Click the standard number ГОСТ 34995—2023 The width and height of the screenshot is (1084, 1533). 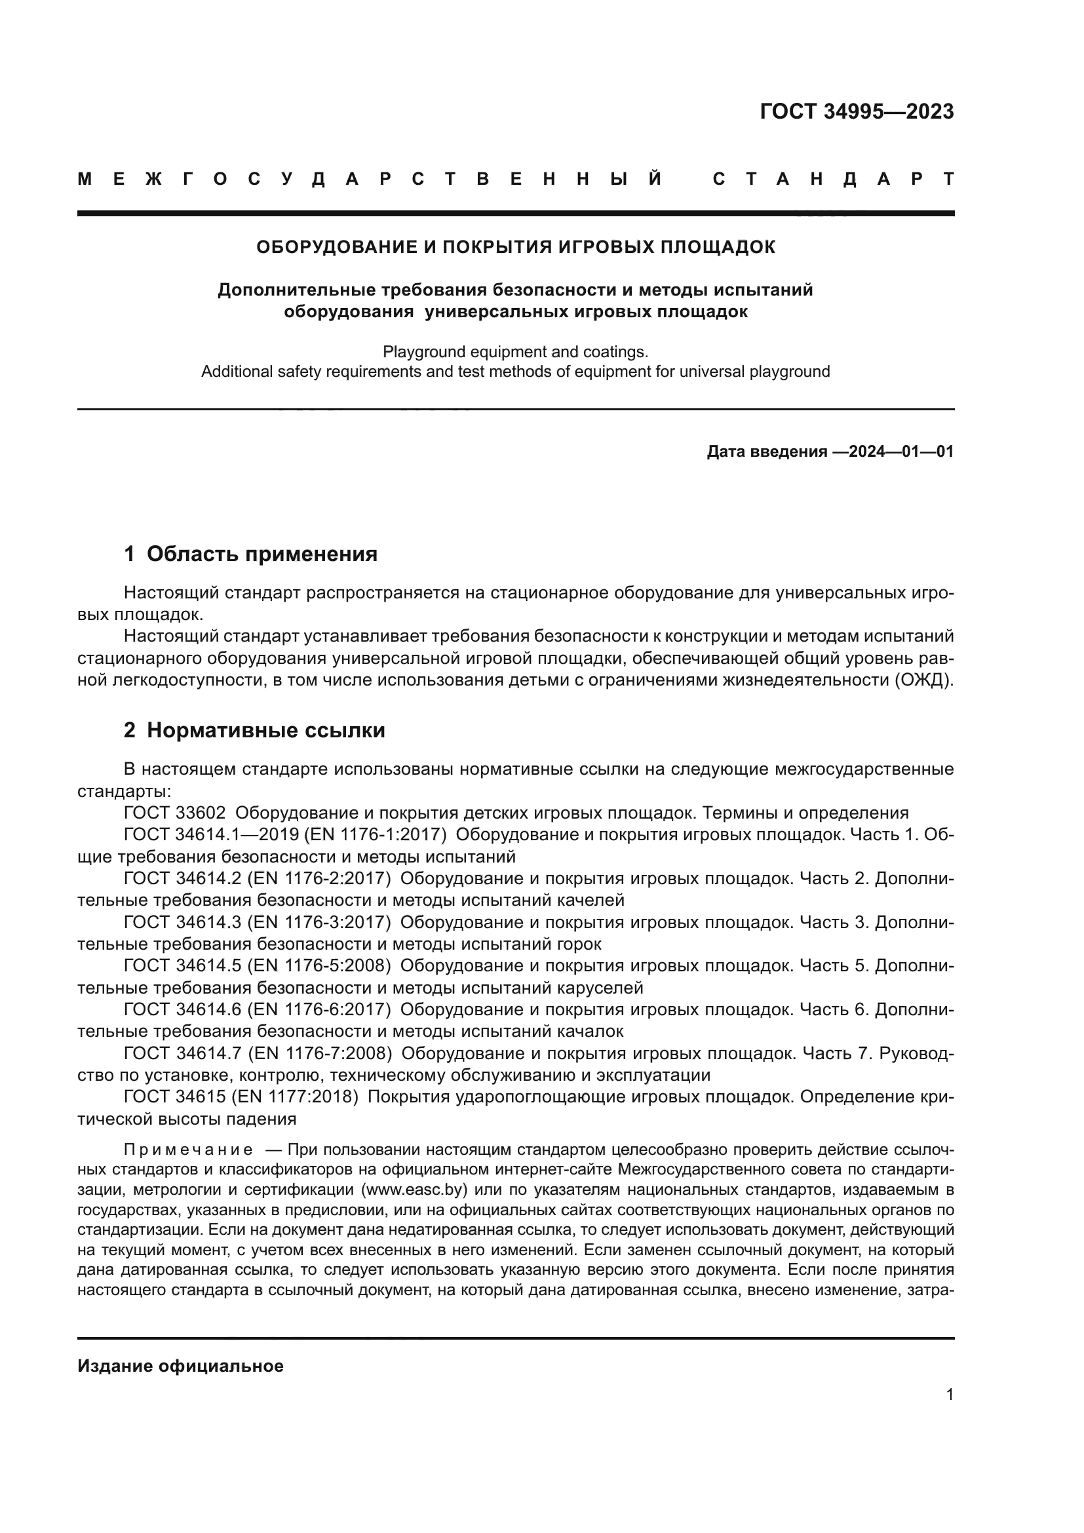(x=857, y=111)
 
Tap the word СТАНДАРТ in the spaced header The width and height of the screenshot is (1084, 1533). (x=833, y=180)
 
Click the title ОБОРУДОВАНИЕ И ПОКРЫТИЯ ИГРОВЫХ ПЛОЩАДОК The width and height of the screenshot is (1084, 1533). (x=515, y=247)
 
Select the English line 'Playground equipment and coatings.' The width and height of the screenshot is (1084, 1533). (x=515, y=351)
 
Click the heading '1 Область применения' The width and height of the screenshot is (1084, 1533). (x=250, y=554)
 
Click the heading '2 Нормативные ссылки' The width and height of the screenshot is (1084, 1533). (x=254, y=730)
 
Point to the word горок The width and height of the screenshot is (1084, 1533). (x=578, y=944)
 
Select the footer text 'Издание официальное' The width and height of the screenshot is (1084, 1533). (x=180, y=1366)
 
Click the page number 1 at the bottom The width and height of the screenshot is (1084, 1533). (x=949, y=1395)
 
